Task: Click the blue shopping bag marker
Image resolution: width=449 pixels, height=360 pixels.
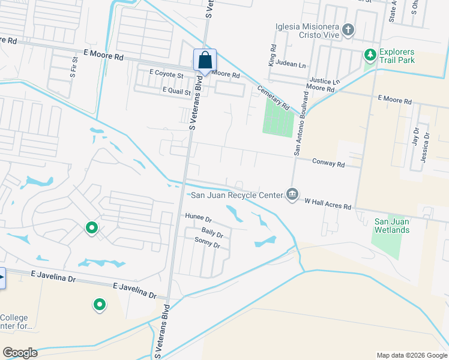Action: point(205,61)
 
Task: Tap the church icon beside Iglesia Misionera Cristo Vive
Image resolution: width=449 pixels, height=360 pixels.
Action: point(348,30)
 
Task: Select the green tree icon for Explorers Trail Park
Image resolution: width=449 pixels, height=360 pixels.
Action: point(370,55)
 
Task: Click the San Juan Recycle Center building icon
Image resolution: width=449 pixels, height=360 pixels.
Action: point(292,194)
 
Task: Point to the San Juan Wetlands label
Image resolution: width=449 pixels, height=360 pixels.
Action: point(391,226)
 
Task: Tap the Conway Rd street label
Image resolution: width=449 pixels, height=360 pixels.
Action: point(328,163)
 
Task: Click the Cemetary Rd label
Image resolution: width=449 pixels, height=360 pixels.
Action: point(273,96)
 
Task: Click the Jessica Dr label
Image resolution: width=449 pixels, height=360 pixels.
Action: point(427,145)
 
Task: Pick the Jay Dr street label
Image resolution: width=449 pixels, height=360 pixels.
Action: point(415,138)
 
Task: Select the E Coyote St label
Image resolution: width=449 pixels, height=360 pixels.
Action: point(166,74)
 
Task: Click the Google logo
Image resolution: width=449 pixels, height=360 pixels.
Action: point(20,353)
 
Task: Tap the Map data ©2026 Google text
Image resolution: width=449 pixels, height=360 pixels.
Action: point(411,355)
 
